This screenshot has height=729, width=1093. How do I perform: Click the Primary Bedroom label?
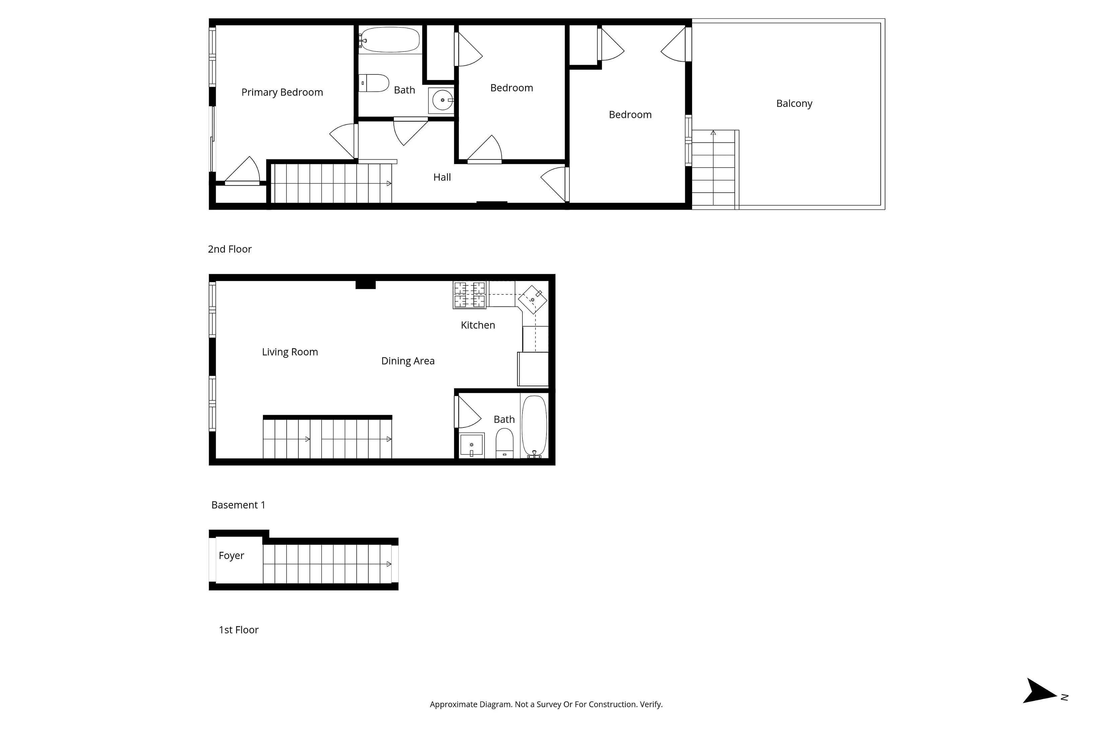pos(282,92)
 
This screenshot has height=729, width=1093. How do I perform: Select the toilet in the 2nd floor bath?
pos(375,83)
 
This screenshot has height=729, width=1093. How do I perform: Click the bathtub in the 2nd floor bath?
pos(390,40)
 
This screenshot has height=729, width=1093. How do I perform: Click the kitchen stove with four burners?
pos(469,295)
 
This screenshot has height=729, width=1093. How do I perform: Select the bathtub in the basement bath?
pos(534,425)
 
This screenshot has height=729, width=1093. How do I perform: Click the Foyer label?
pos(231,555)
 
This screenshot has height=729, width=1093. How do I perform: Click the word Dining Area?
pos(408,361)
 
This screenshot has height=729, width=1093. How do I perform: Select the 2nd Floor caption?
pos(230,249)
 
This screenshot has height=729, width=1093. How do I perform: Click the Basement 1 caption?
pos(238,505)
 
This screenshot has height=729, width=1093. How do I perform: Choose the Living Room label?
pos(290,352)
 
